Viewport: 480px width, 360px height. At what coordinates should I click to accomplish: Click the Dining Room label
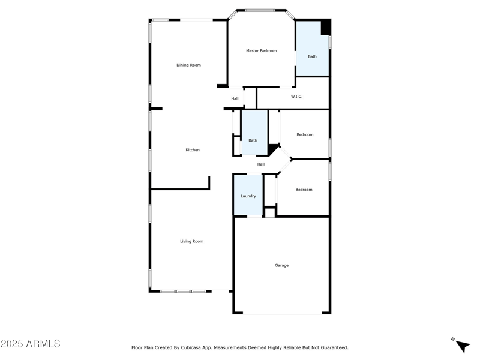188,65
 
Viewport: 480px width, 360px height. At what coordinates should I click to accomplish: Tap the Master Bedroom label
261,51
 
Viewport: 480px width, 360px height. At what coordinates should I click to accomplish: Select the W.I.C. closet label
296,97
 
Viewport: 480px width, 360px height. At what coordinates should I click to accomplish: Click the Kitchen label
192,150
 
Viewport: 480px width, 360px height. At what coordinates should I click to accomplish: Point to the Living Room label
191,241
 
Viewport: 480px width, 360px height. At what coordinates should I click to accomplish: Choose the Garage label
281,265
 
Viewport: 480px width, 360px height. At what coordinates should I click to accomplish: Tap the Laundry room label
248,196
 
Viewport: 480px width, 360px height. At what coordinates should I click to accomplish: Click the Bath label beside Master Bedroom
312,56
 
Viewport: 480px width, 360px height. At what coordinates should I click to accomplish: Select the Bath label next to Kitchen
253,140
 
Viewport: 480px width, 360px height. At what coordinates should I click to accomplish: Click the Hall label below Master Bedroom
235,98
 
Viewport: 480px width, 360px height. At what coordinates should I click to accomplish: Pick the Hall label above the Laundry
260,164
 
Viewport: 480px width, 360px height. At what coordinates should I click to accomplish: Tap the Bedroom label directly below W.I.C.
305,134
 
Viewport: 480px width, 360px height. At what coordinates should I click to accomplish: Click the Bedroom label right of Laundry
304,190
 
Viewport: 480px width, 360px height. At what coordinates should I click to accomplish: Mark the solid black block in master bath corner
326,28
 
